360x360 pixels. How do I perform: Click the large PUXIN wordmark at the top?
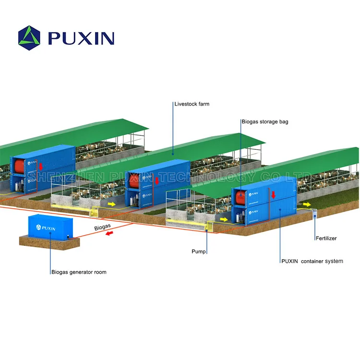click(81, 37)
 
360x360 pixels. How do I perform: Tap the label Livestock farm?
click(192, 104)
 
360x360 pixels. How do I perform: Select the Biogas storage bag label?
click(265, 122)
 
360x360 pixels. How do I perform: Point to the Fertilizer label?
click(326, 238)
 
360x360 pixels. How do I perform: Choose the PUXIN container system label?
click(312, 261)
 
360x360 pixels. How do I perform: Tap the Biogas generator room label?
click(79, 272)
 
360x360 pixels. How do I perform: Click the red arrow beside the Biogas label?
click(110, 233)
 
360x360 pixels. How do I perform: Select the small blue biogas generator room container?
click(48, 227)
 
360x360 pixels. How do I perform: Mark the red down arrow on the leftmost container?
click(41, 166)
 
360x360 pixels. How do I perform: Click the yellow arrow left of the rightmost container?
click(224, 219)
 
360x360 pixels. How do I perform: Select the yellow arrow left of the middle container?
click(112, 204)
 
